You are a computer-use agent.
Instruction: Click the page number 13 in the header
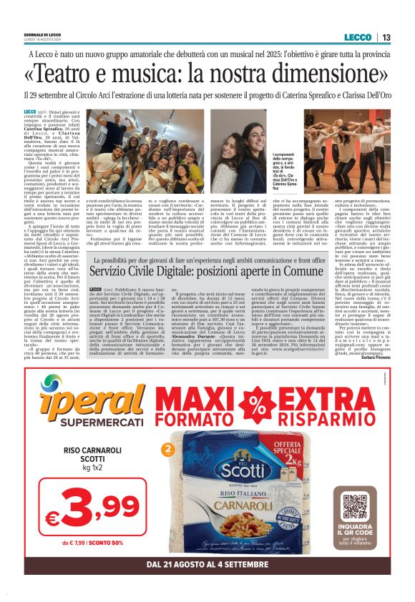[x=386, y=38]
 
